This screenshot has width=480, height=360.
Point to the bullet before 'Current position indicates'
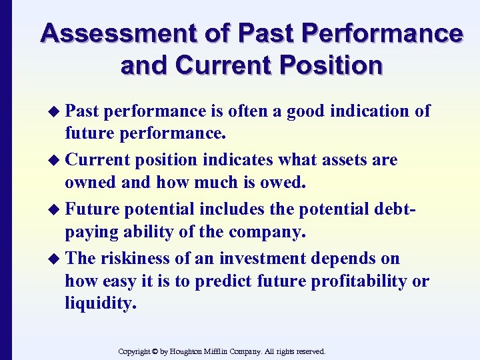56,161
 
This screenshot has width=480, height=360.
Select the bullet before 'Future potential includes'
56,210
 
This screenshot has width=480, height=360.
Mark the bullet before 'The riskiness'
56,259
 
